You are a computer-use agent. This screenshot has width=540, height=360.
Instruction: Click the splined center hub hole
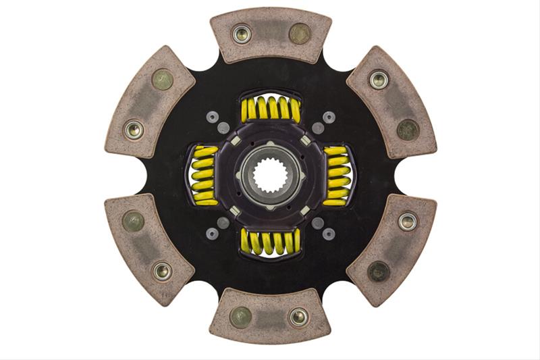[x=270, y=180]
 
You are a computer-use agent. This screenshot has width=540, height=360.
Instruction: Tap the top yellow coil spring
[x=270, y=108]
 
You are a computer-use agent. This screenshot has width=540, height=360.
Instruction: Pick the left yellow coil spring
[x=204, y=176]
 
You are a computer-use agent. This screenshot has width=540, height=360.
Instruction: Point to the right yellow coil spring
[x=336, y=176]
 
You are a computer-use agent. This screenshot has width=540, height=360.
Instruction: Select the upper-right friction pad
[x=391, y=101]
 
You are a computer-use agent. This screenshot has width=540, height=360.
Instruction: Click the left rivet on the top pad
[x=241, y=33]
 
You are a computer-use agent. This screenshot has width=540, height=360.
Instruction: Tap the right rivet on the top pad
[x=299, y=33]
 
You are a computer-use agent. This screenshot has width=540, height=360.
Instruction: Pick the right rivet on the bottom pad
[x=298, y=316]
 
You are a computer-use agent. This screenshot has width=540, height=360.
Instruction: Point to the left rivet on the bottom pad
[x=241, y=316]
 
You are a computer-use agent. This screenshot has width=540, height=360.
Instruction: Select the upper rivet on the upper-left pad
[x=162, y=80]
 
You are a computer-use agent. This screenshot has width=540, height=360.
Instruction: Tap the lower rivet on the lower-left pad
[x=162, y=271]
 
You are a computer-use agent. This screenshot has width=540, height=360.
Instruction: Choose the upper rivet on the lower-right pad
[x=407, y=221]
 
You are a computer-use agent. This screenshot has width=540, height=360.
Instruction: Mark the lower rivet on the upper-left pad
[x=134, y=128]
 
